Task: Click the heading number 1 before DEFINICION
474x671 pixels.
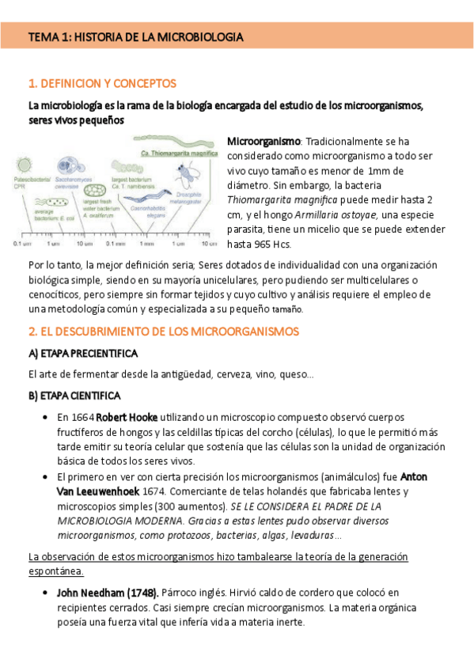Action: coord(31,83)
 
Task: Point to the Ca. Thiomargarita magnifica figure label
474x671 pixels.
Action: coord(179,152)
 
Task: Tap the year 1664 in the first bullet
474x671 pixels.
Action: coord(82,416)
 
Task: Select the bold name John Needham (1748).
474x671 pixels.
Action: coord(108,592)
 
